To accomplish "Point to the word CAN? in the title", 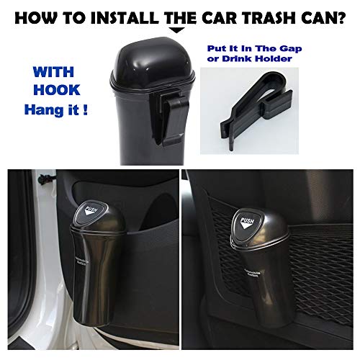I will coord(328,15).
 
